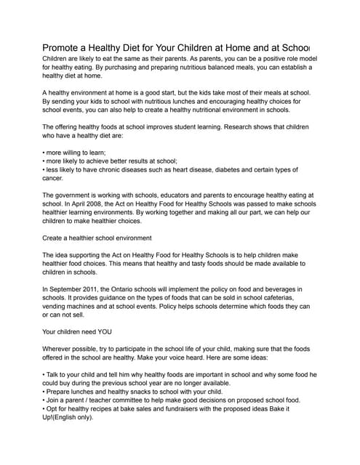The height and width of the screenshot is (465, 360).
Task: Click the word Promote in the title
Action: point(63,46)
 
